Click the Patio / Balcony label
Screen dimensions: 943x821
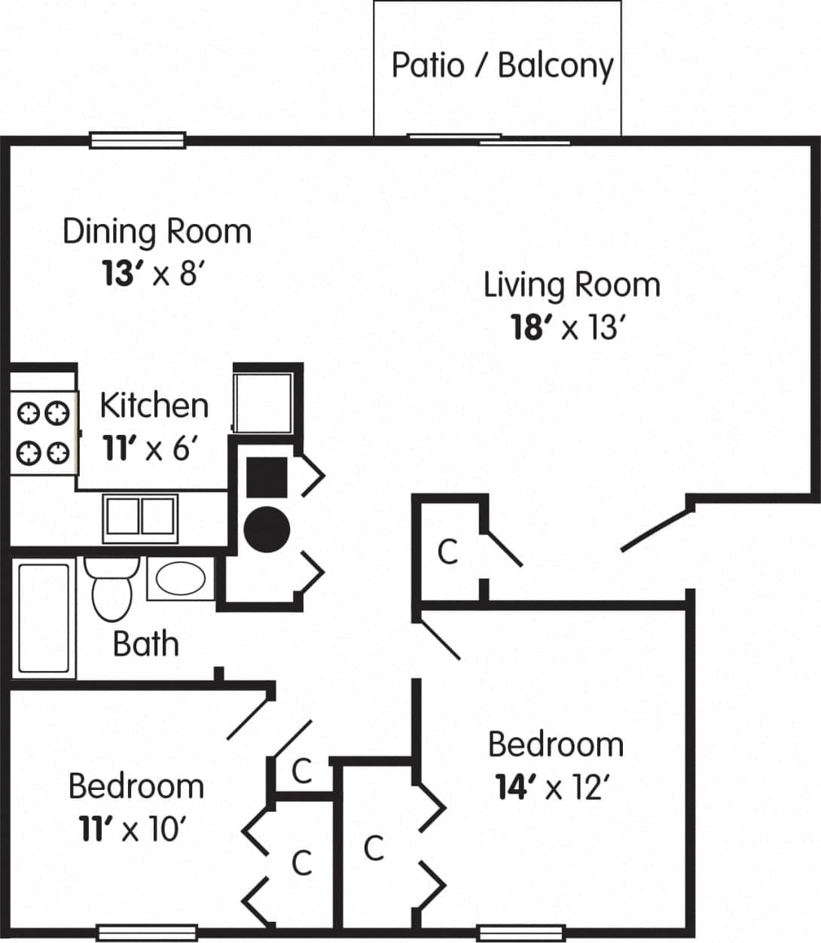[x=502, y=66]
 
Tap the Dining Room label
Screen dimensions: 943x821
[x=157, y=231]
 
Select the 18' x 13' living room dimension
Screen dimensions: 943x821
[x=569, y=328]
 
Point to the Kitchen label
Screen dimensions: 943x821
[x=154, y=406]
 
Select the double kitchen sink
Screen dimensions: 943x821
[x=140, y=518]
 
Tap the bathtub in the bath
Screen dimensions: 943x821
[x=44, y=617]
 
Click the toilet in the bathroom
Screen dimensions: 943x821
[x=111, y=589]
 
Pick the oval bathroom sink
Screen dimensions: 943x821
[x=180, y=579]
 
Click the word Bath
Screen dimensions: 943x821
[x=146, y=644]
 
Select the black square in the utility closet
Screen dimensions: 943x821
[x=267, y=477]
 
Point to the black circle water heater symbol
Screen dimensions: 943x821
[x=267, y=530]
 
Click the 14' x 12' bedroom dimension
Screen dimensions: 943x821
[x=551, y=788]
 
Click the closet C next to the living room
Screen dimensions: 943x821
[x=447, y=552]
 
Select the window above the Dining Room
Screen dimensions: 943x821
[x=137, y=140]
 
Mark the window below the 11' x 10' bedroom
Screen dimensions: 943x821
[x=148, y=932]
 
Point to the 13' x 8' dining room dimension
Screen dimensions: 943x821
[x=153, y=273]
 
